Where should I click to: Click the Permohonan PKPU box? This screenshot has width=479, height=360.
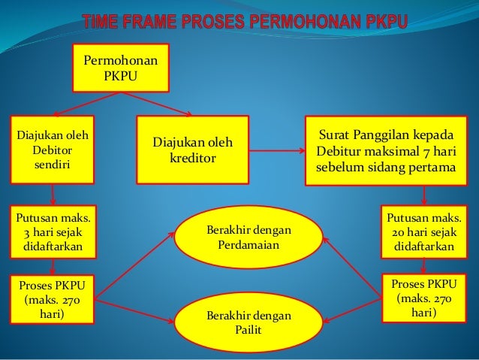[120, 68]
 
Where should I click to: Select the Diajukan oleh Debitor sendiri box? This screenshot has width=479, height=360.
[52, 150]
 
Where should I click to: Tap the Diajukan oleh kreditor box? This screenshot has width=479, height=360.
[192, 150]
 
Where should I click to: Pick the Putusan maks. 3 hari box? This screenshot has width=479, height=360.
[52, 232]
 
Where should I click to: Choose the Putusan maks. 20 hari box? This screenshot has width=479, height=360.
[424, 232]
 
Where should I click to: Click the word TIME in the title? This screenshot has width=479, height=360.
[105, 22]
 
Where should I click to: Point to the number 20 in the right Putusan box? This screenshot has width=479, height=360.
[395, 232]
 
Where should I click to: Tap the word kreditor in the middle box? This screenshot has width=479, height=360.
[192, 159]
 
